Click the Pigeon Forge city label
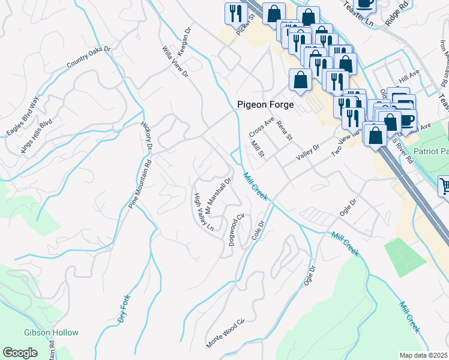click(x=265, y=104)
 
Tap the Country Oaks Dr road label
click(x=89, y=57)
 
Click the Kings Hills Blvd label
click(x=37, y=136)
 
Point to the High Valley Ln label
click(x=203, y=212)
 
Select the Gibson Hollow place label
click(x=51, y=332)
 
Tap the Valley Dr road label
click(x=307, y=152)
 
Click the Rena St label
click(x=284, y=130)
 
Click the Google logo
click(x=20, y=353)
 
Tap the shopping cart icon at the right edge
click(x=444, y=186)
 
